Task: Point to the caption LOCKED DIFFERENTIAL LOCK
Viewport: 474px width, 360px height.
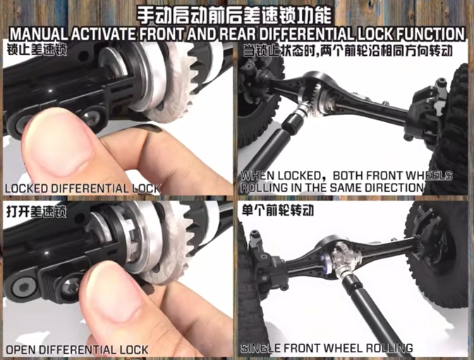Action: [x=83, y=188]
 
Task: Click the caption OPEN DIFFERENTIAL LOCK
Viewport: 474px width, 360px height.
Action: [x=77, y=349]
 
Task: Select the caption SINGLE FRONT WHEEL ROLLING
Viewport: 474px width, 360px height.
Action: [x=327, y=348]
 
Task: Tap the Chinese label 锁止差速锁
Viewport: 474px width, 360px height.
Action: [x=37, y=50]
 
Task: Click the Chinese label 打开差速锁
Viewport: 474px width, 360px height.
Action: [x=37, y=212]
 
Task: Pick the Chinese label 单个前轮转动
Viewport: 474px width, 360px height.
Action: [x=278, y=210]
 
